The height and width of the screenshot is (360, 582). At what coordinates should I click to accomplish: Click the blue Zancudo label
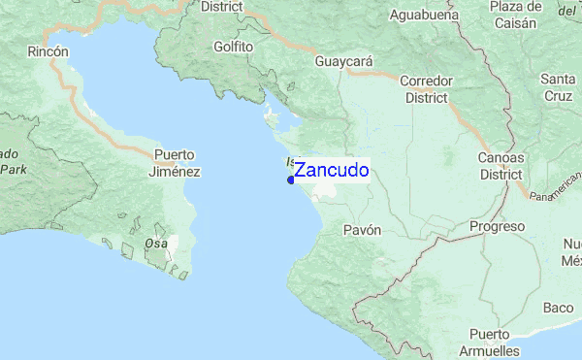click(331, 171)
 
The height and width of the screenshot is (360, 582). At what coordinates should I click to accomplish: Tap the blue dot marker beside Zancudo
click(291, 180)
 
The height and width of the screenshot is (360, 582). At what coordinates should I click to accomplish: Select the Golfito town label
click(234, 46)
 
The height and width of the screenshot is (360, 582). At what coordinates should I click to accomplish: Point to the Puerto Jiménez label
click(176, 163)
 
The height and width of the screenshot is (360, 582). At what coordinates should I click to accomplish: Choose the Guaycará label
click(344, 61)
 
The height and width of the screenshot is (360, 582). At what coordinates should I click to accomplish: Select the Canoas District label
click(501, 166)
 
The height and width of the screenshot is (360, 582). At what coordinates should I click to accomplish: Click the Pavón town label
click(362, 230)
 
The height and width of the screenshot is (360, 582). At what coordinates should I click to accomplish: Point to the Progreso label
click(497, 226)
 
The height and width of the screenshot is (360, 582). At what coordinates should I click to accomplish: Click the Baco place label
click(558, 308)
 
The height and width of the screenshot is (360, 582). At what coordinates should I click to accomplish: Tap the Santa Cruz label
click(559, 87)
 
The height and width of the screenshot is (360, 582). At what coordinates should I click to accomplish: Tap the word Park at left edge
click(13, 169)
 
